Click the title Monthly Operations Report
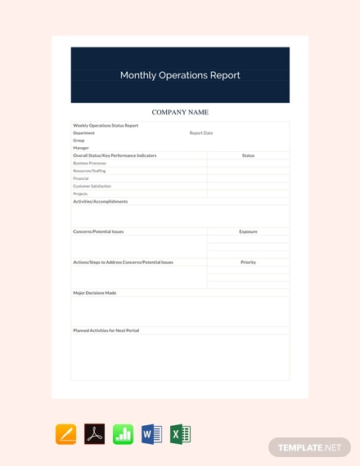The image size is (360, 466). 180,75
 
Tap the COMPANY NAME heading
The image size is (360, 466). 180,112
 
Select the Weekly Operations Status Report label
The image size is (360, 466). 106,125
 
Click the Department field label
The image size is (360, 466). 83,132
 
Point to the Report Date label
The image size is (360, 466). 201,132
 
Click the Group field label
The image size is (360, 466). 79,140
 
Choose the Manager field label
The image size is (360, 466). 81,148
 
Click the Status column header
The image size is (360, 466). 248,155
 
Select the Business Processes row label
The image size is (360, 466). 89,163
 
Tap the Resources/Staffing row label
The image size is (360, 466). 89,170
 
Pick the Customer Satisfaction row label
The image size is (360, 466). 92,186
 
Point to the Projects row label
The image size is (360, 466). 80,194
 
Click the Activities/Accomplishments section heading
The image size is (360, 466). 100,201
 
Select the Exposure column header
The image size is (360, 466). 248,231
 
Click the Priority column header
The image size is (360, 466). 248,262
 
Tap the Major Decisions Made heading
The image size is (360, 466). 94,293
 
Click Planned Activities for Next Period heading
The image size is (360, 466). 106,330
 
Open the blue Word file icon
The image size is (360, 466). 151,434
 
